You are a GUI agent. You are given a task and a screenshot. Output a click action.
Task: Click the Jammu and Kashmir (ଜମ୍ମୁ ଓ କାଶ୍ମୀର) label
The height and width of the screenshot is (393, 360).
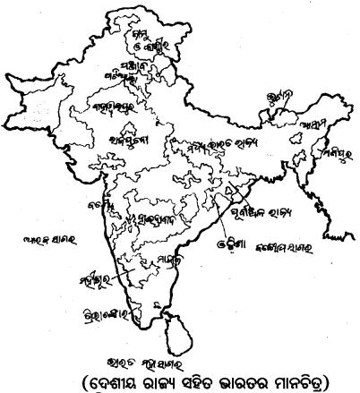[x=150, y=41]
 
